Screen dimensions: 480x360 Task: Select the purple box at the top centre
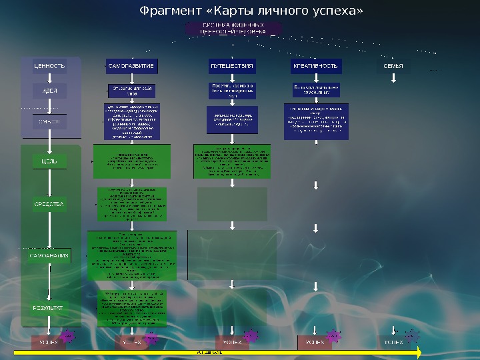(x=233, y=28)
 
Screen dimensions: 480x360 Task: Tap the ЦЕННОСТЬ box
(x=50, y=66)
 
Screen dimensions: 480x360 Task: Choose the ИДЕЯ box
(x=50, y=91)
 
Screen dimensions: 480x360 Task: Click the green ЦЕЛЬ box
(x=50, y=161)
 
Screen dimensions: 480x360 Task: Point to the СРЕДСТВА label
(x=50, y=204)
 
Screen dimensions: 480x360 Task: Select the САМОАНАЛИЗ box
(x=50, y=255)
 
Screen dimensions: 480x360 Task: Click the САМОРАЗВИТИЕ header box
(x=131, y=66)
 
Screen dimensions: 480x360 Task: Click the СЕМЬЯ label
(x=394, y=67)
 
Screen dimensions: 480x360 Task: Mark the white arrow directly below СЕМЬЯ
(x=394, y=79)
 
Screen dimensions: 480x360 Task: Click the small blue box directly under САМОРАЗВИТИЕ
(x=131, y=91)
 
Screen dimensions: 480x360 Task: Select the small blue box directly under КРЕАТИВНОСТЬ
(x=316, y=90)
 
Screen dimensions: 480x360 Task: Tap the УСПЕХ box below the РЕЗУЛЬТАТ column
(x=49, y=343)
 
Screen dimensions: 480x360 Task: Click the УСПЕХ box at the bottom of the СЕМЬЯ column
(x=394, y=343)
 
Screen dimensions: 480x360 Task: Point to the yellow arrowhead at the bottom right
(x=419, y=351)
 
